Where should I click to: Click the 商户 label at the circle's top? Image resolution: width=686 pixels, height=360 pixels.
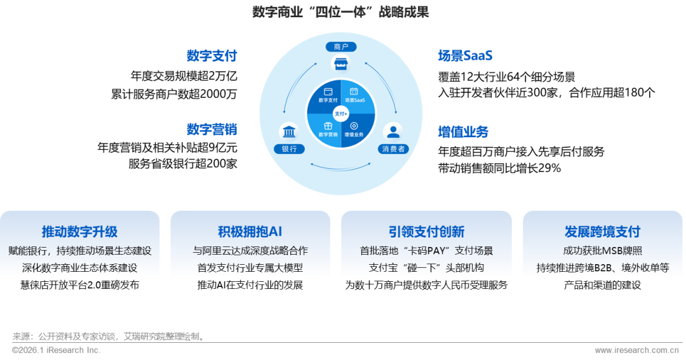click(x=340, y=46)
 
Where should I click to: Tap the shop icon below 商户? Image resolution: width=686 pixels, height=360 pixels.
click(x=340, y=63)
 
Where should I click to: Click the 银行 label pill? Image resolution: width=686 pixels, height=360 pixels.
click(x=289, y=149)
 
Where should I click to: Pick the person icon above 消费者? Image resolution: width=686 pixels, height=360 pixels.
click(x=393, y=131)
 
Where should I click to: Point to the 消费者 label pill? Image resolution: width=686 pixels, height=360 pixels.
click(x=393, y=149)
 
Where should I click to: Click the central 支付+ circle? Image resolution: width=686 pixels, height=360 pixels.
click(x=341, y=113)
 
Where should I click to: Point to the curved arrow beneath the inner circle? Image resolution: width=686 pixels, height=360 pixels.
click(x=340, y=167)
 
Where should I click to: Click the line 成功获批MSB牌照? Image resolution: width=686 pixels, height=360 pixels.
click(x=602, y=251)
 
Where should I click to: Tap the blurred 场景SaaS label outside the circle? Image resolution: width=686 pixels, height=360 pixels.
click(x=465, y=55)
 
